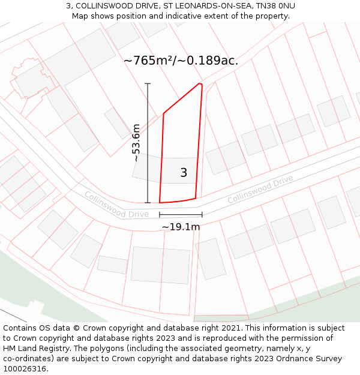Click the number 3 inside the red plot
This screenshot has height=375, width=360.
184,173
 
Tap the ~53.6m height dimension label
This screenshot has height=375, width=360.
136,143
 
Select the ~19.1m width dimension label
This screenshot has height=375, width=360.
181,227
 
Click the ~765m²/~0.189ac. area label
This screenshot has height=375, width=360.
181,61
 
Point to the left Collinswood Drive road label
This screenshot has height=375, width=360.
116,205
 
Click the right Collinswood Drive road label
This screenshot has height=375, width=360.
260,189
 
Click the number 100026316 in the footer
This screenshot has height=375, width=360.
25,369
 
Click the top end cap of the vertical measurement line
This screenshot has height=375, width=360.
148,84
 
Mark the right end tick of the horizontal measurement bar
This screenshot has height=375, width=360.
202,214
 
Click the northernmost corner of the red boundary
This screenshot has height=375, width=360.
200,83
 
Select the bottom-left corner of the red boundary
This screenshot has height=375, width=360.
160,203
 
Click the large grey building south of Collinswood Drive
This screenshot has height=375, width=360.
160,265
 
